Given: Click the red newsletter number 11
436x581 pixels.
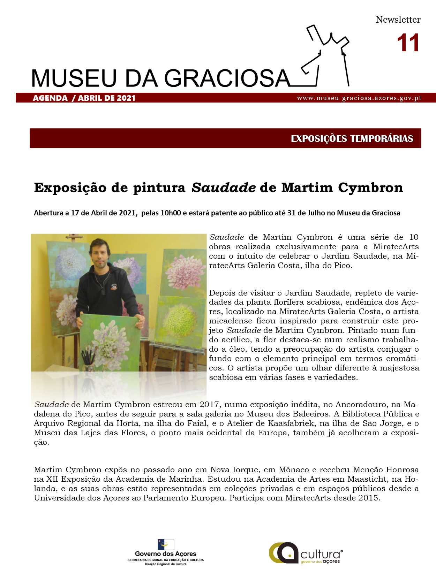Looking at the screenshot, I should click(x=408, y=43).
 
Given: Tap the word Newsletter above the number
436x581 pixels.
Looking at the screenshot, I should click(x=398, y=20).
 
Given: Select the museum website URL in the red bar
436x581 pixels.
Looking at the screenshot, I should click(x=359, y=98).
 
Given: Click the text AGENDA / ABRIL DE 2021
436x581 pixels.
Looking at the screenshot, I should click(x=84, y=98).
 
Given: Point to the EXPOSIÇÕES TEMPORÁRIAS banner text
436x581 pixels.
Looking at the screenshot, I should click(x=352, y=138).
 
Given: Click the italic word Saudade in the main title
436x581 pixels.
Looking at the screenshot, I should click(x=224, y=188).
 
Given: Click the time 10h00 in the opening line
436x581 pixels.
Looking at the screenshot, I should click(x=171, y=213).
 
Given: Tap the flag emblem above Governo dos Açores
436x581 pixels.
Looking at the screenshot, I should click(x=166, y=544).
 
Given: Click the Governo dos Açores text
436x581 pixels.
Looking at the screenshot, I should click(x=166, y=554).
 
